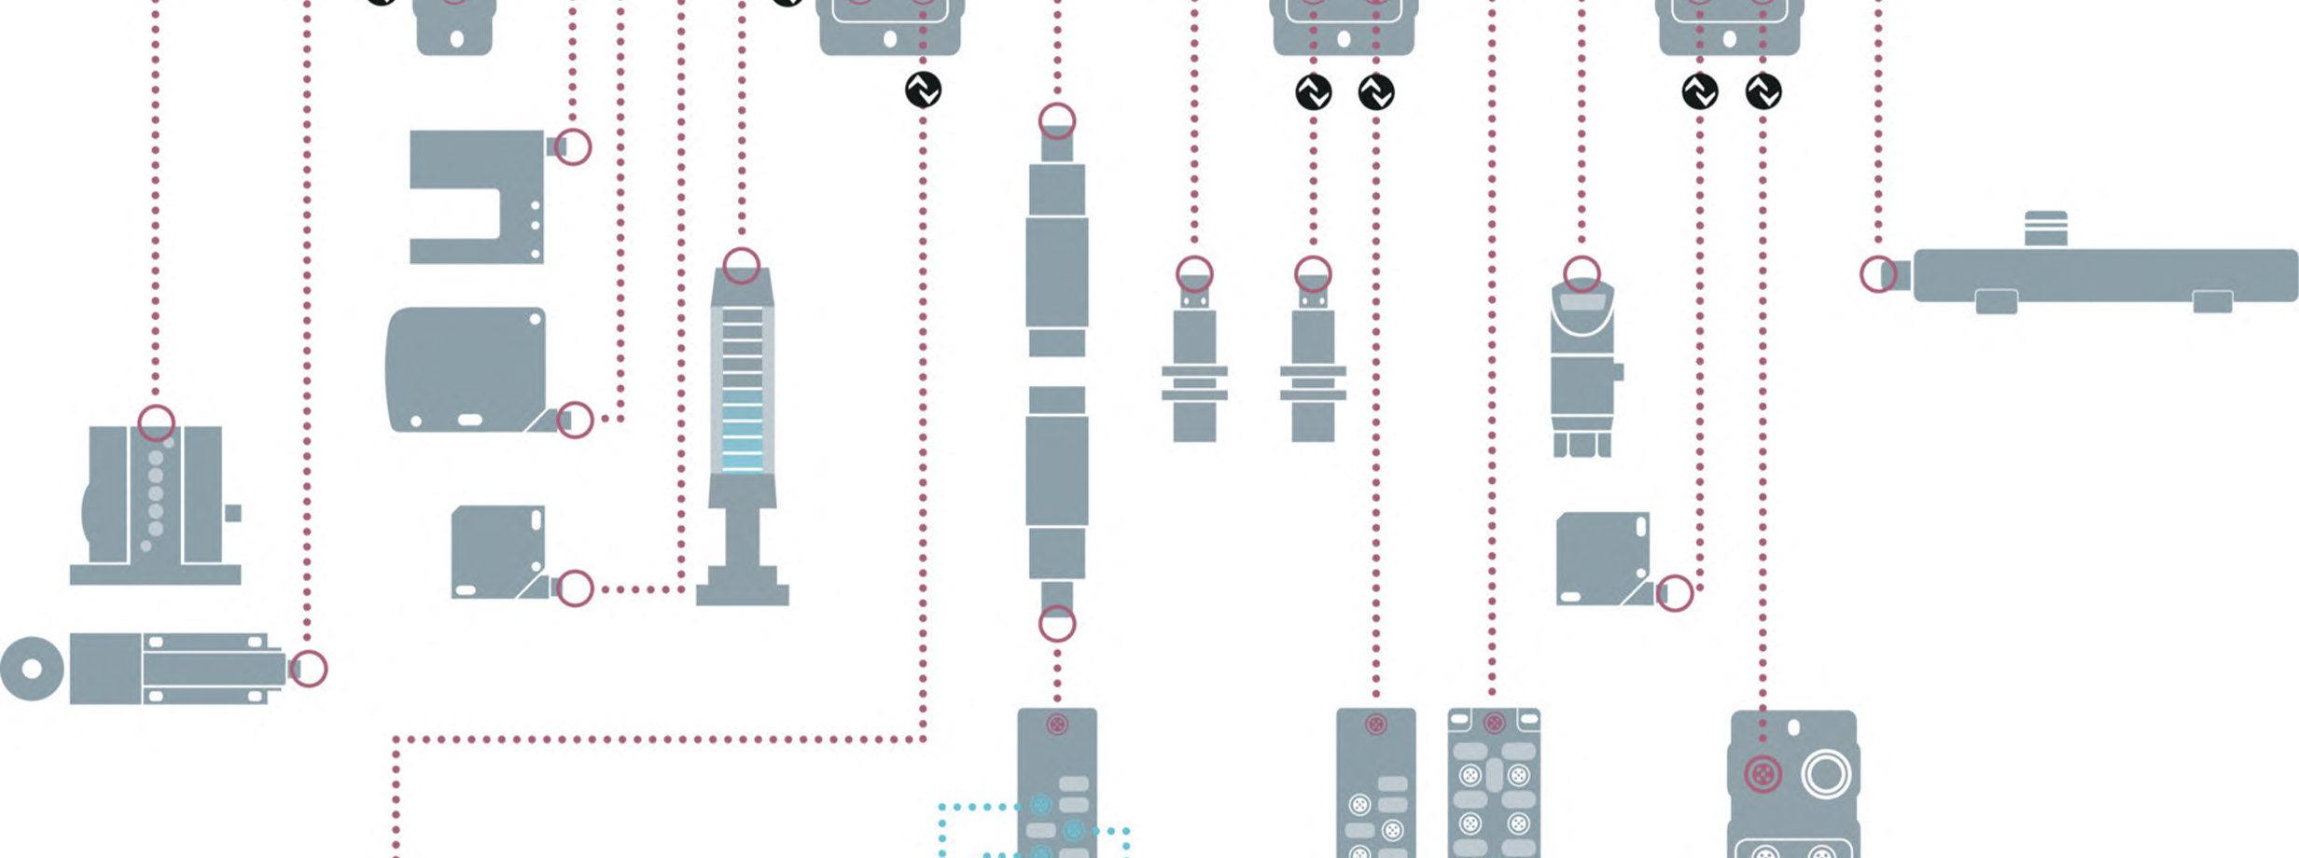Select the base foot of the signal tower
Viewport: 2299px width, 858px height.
point(742,594)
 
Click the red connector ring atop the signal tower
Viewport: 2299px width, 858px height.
point(742,265)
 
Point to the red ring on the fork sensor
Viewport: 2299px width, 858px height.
point(574,146)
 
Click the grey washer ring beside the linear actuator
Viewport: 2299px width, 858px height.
point(32,669)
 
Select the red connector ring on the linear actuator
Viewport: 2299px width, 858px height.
point(309,668)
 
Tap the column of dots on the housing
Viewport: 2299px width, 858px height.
point(155,494)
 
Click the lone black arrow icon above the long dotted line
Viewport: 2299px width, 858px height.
point(923,90)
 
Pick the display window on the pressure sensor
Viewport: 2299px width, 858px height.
point(1582,303)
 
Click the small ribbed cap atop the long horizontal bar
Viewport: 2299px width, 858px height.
point(2045,228)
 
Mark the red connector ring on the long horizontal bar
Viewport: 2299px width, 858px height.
point(1877,275)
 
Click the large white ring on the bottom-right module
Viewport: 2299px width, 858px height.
point(1825,774)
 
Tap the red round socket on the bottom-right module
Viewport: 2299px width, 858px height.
point(1763,774)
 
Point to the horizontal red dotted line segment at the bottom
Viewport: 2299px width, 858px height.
point(653,740)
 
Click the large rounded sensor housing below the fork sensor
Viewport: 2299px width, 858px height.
point(467,369)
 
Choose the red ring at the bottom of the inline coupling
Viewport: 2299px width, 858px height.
point(1057,624)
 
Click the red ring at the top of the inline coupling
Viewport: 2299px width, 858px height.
point(1057,120)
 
